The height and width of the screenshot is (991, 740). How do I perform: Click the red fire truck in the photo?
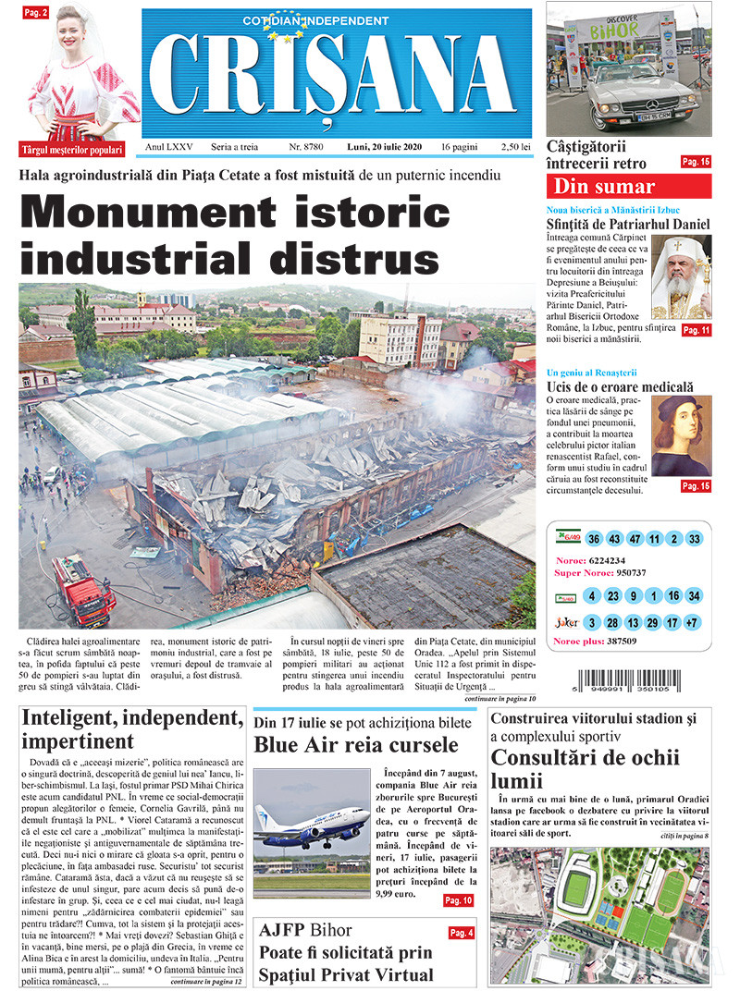82,589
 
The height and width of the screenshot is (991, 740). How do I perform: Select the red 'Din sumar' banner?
628,186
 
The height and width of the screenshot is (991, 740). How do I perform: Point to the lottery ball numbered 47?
635,539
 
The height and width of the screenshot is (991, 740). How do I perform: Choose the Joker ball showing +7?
693,623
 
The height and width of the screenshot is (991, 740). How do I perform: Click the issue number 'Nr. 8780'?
306,147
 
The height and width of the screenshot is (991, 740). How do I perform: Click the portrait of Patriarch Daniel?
682,277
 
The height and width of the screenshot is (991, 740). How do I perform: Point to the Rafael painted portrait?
682,435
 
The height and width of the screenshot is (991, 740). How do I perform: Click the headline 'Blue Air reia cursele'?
356,745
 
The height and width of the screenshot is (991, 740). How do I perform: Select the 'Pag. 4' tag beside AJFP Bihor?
461,933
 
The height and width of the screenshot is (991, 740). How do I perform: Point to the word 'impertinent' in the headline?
77,741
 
